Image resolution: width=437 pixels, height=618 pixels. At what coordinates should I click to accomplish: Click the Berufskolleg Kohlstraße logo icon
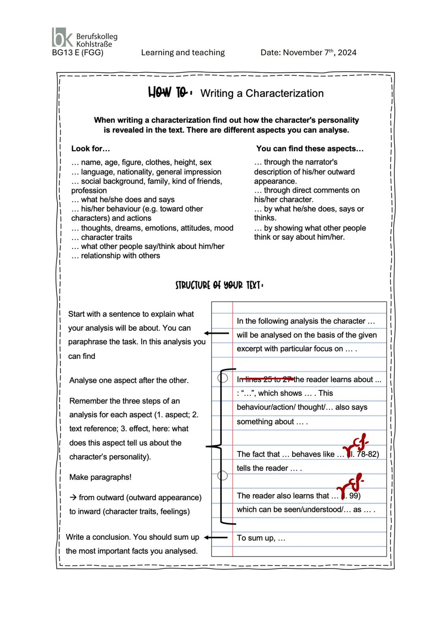[63, 37]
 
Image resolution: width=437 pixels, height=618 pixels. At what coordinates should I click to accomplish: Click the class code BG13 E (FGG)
[78, 53]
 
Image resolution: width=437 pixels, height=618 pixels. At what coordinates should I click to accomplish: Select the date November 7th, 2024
[308, 53]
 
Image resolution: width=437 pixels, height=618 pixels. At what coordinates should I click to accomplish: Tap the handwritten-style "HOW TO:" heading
[169, 93]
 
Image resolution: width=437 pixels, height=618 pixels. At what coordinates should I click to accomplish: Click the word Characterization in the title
[284, 93]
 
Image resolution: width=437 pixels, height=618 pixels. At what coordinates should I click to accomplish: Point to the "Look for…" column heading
[91, 149]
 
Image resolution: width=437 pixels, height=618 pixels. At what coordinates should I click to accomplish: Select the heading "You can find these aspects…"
[310, 149]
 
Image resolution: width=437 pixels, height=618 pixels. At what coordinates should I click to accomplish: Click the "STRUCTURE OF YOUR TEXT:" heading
[219, 285]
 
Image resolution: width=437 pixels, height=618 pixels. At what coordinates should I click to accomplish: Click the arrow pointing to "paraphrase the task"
[216, 333]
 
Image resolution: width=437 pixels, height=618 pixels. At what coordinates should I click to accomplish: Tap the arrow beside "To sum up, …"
[216, 537]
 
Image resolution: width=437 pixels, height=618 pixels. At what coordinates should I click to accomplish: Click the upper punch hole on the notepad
[223, 378]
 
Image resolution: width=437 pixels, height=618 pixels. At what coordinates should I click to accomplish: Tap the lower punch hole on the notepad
[223, 475]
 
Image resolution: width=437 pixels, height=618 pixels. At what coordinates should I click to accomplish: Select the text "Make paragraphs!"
[100, 477]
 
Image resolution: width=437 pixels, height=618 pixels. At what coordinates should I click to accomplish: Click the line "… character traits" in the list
[102, 237]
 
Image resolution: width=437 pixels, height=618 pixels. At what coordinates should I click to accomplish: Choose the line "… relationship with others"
[116, 256]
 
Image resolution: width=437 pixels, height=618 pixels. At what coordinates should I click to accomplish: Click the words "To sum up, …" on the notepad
[261, 538]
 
